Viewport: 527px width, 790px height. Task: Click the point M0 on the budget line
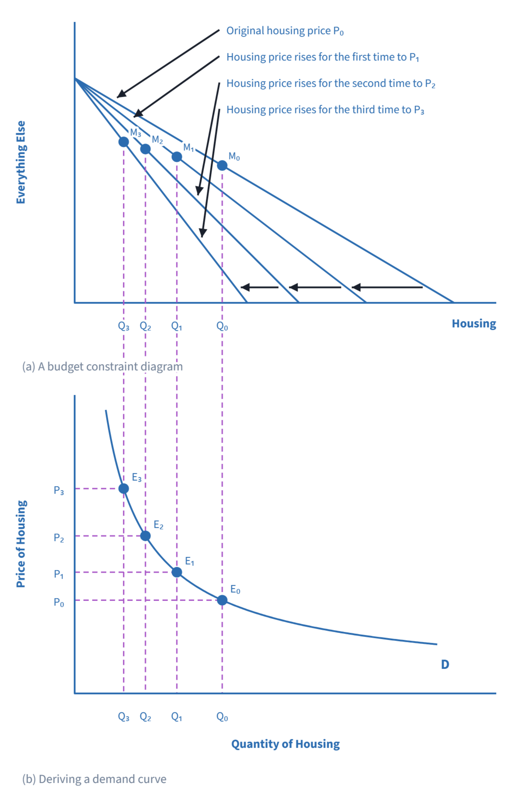coord(222,165)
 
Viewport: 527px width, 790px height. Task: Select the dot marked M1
coord(177,156)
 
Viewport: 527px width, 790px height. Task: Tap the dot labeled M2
coord(145,149)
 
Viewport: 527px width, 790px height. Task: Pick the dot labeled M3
coord(124,142)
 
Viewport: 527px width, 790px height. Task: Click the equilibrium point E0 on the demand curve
coord(222,600)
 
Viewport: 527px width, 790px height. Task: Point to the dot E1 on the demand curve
coord(177,572)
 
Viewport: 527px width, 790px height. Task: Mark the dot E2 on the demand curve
coord(145,535)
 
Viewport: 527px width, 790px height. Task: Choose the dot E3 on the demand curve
coord(124,488)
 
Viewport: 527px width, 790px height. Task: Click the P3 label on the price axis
coord(59,490)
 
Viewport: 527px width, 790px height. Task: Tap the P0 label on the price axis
coord(59,602)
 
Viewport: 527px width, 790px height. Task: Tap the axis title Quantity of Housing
coord(285,744)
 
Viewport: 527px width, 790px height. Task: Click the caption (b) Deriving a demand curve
coord(94,779)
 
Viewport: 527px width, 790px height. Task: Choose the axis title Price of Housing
coord(21,544)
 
